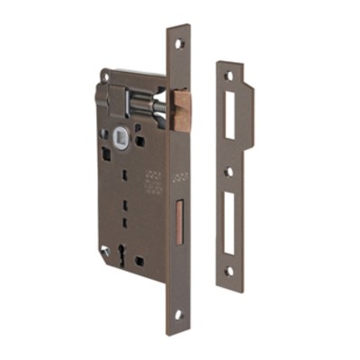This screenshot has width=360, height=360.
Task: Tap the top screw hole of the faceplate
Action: click(178, 43)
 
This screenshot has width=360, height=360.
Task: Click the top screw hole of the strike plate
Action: click(229, 76)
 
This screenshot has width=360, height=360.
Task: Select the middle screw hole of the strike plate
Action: click(229, 170)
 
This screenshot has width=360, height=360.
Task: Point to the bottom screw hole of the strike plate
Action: click(229, 269)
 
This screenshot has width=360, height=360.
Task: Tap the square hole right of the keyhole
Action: click(139, 260)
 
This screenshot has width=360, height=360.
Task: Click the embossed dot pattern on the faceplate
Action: click(179, 175)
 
